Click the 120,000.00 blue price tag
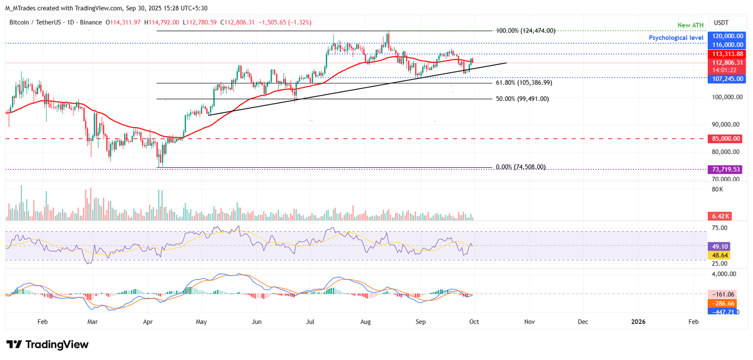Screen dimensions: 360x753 click(728, 36)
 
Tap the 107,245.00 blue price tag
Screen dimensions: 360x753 click(728, 78)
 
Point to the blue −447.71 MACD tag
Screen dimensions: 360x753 click(721, 311)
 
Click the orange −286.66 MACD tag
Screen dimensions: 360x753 click(721, 304)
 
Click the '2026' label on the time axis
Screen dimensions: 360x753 click(638, 322)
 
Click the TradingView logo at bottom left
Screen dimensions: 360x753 click(47, 344)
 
